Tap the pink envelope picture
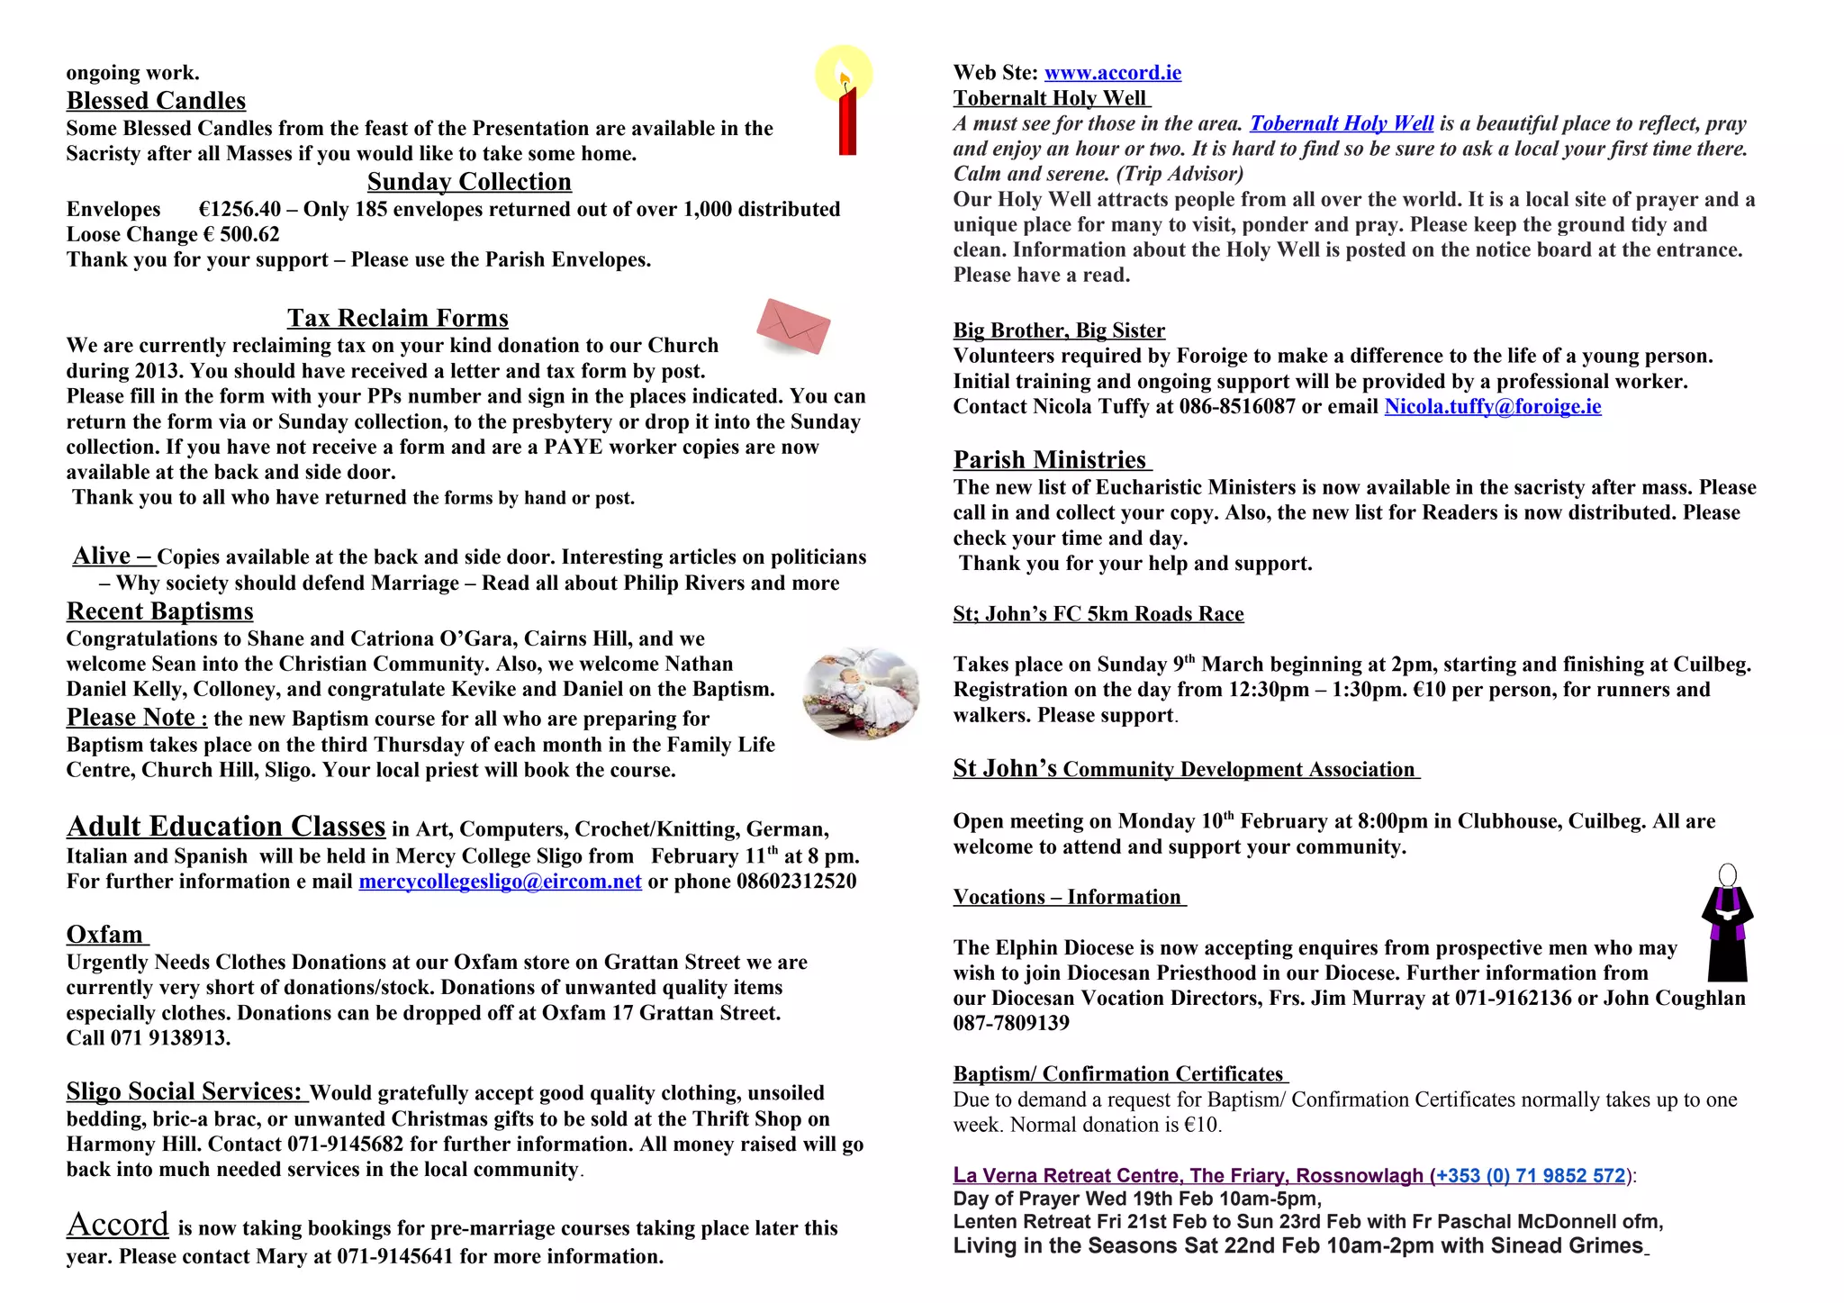[792, 326]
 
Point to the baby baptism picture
[861, 693]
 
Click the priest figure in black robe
[1727, 925]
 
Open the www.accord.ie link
[1112, 73]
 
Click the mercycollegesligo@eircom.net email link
[500, 882]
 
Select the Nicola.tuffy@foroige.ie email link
[1492, 407]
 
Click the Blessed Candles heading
[156, 101]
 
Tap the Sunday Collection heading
[469, 182]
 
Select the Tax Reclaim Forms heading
[397, 318]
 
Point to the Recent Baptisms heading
[159, 611]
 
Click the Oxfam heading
[105, 935]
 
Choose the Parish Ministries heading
[1050, 460]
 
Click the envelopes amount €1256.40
[240, 210]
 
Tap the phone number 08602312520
[796, 882]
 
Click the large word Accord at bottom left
[118, 1225]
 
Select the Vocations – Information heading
[1068, 898]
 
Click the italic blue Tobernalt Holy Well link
[1341, 124]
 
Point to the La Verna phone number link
[1528, 1176]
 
